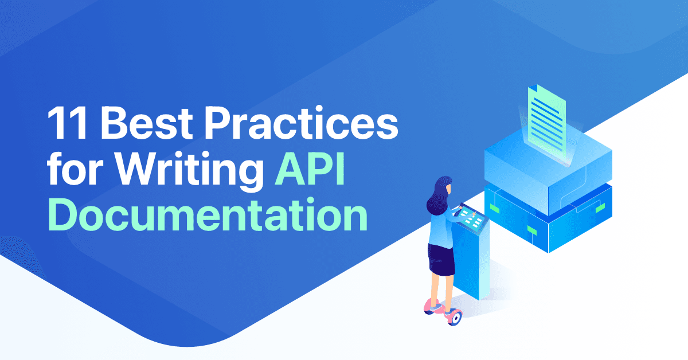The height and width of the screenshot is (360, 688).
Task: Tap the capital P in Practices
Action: (237, 124)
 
